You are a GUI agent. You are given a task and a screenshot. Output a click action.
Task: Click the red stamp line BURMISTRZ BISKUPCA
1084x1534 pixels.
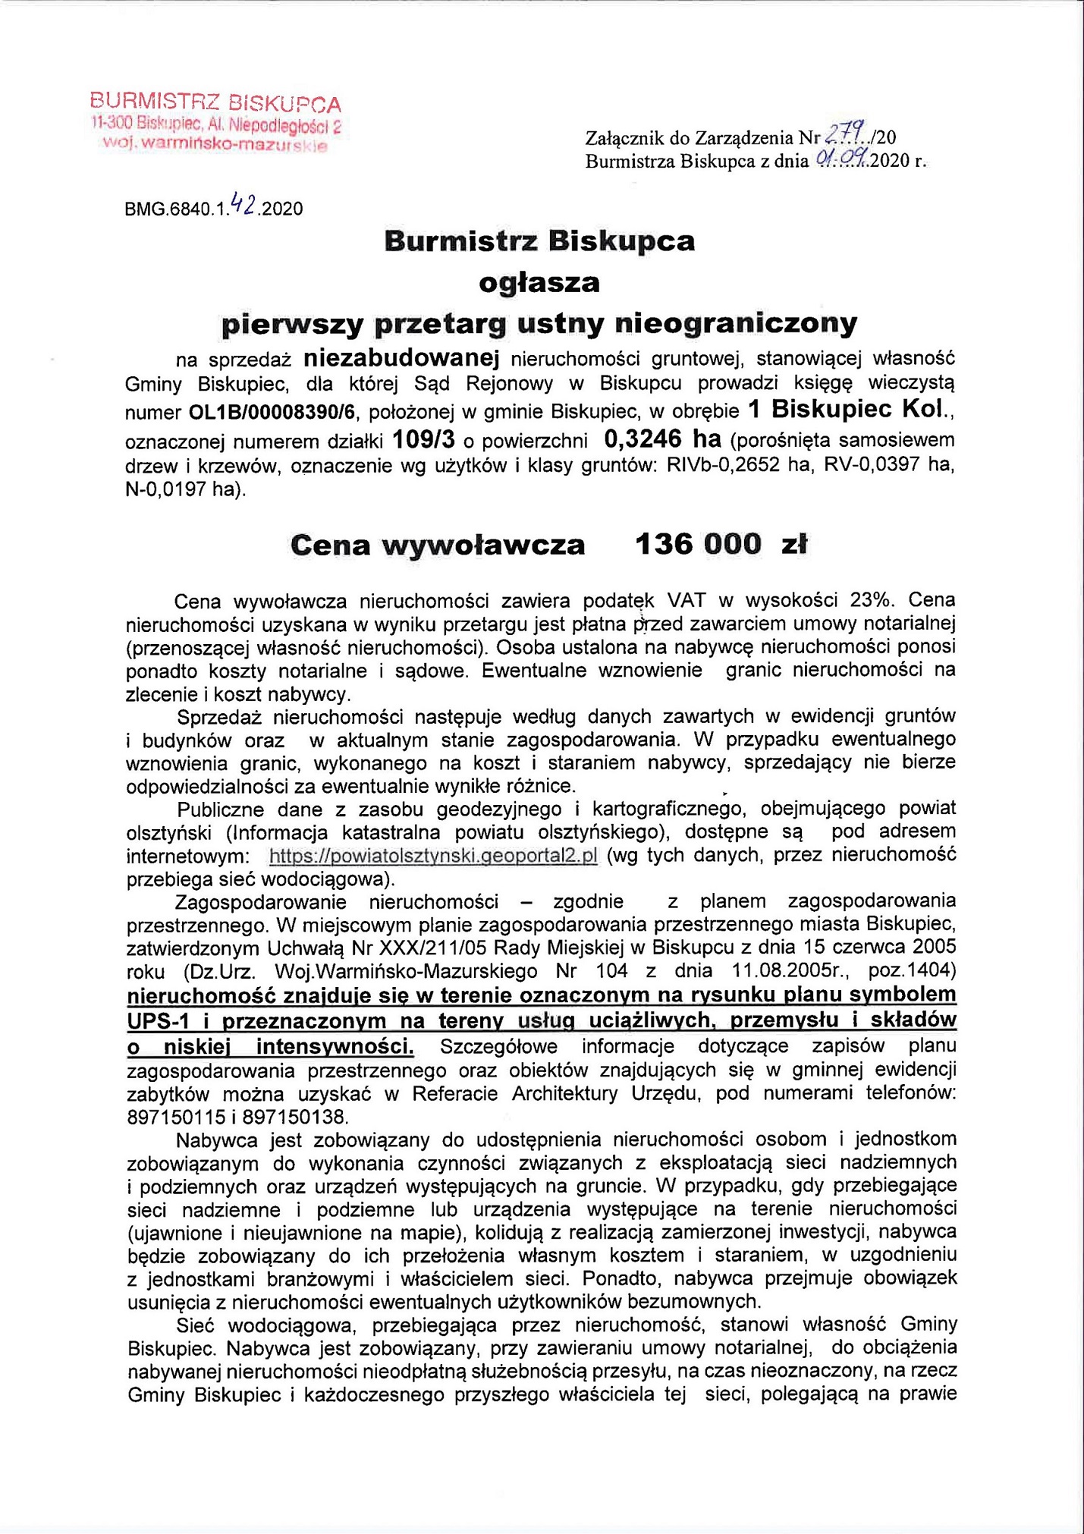[x=215, y=102]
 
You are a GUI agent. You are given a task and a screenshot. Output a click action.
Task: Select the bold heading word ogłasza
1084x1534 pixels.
[x=539, y=282]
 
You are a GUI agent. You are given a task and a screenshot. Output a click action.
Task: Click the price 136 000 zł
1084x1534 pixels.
[x=721, y=544]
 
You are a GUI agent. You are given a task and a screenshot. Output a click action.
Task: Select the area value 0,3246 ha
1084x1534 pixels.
[x=662, y=439]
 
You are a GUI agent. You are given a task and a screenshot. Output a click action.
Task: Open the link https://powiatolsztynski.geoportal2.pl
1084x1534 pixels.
[x=433, y=856]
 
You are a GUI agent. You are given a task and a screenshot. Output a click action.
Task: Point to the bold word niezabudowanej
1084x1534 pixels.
[x=401, y=357]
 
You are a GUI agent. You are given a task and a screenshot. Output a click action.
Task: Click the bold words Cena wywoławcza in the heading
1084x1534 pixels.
[x=438, y=545]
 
